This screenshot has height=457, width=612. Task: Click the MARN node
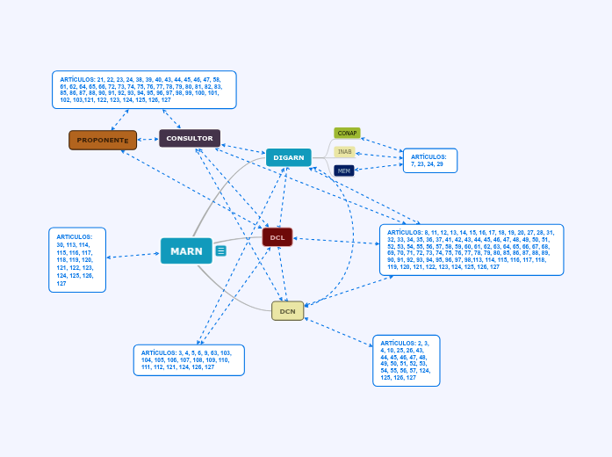coord(186,251)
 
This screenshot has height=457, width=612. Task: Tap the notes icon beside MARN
coord(221,251)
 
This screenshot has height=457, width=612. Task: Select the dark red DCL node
coord(277,237)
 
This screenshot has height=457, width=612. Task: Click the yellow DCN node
coord(287,311)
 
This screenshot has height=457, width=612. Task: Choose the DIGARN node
coord(289,158)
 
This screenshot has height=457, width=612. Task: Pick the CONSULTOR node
coord(190,139)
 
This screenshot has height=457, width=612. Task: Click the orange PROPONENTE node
coord(103,140)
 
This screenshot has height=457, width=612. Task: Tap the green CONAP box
coord(347,134)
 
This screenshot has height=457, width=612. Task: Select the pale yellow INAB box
coord(344,152)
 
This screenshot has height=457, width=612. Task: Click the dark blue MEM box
coord(344,170)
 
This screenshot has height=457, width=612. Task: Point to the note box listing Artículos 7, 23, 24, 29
coord(429,161)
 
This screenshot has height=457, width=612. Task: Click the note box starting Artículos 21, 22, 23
coord(144,90)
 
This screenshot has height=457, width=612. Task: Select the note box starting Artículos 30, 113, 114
coord(77,260)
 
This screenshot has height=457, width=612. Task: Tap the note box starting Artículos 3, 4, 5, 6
coord(189,359)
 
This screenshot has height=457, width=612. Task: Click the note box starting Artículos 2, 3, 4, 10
coord(406,360)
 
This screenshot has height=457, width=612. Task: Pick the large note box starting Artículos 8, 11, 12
coord(472,250)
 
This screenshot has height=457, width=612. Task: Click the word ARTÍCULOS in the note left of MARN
coord(74,236)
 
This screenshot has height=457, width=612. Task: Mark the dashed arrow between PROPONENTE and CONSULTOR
coord(148,139)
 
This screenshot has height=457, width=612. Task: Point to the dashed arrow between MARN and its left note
coord(133,256)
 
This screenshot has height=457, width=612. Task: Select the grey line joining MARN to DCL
coord(237,240)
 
